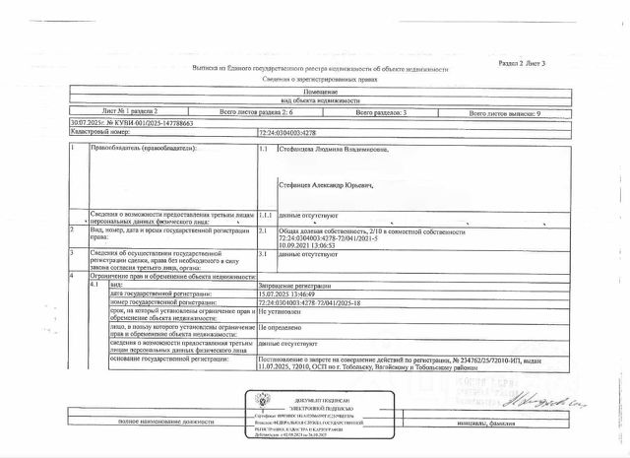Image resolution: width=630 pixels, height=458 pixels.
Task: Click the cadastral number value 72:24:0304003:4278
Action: point(292,131)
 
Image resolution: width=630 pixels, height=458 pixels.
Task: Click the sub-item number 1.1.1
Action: point(264,214)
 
